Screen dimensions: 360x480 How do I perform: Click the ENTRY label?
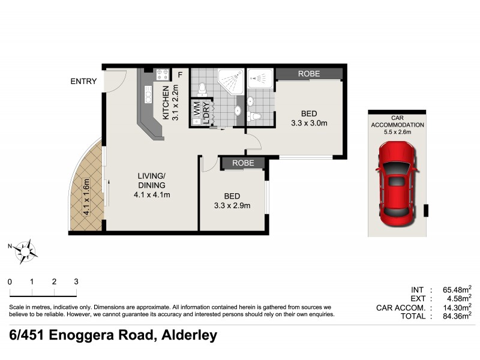83,82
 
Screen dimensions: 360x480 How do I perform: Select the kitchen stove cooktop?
162,75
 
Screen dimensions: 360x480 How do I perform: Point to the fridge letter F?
179,75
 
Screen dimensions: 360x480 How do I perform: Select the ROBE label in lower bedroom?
243,163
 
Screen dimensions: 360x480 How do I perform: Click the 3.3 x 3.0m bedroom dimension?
309,124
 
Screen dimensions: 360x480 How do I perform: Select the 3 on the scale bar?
76,281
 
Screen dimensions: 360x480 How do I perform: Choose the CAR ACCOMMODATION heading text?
398,122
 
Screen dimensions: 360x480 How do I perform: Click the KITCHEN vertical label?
166,103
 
